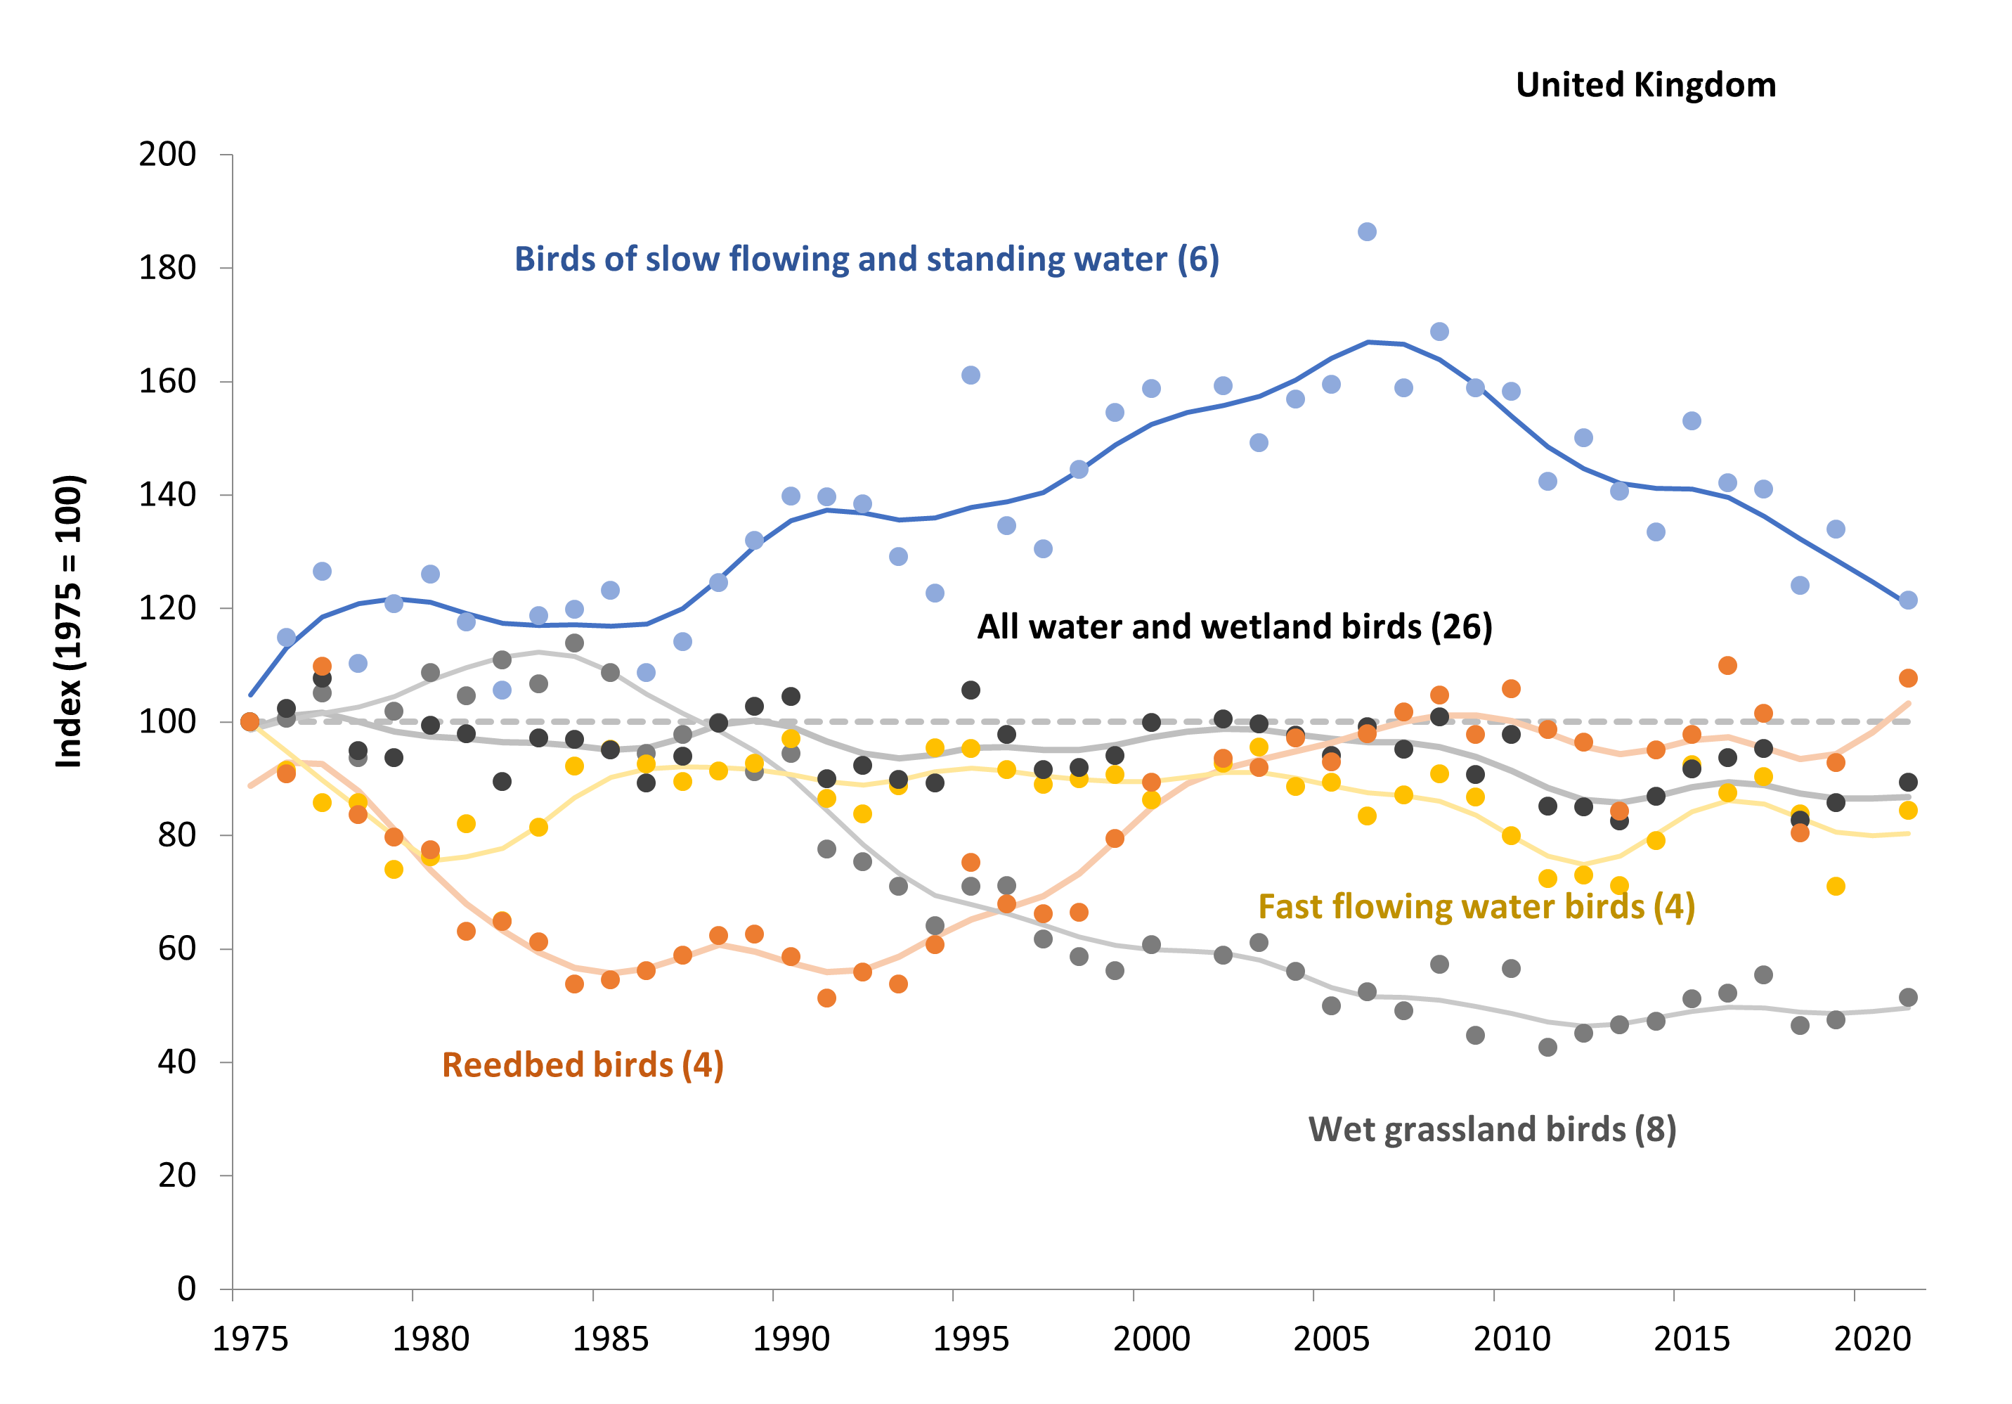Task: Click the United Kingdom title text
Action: (x=1645, y=85)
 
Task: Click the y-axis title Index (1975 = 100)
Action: (x=68, y=622)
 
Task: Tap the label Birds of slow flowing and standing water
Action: (x=866, y=259)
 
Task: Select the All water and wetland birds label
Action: (x=1234, y=626)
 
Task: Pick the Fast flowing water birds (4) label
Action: (x=1476, y=906)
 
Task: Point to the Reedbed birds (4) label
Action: (x=583, y=1065)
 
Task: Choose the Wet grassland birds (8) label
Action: (x=1491, y=1129)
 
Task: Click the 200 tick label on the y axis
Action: (x=167, y=154)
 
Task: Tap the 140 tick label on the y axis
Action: (x=167, y=495)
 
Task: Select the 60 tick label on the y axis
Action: (x=177, y=948)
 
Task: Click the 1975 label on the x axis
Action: (x=251, y=1339)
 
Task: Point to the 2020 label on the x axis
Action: (x=1871, y=1339)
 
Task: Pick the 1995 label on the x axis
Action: (x=971, y=1339)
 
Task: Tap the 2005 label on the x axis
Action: (x=1331, y=1339)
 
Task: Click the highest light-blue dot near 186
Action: (x=1367, y=231)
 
